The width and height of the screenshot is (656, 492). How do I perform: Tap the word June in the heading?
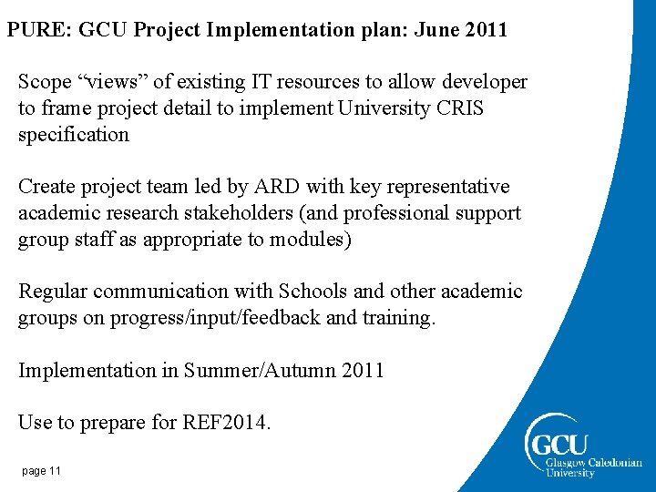[x=436, y=29]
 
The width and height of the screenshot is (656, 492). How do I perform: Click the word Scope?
[x=46, y=82]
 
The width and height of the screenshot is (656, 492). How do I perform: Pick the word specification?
[x=74, y=135]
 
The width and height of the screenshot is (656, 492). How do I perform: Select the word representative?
[x=447, y=187]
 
